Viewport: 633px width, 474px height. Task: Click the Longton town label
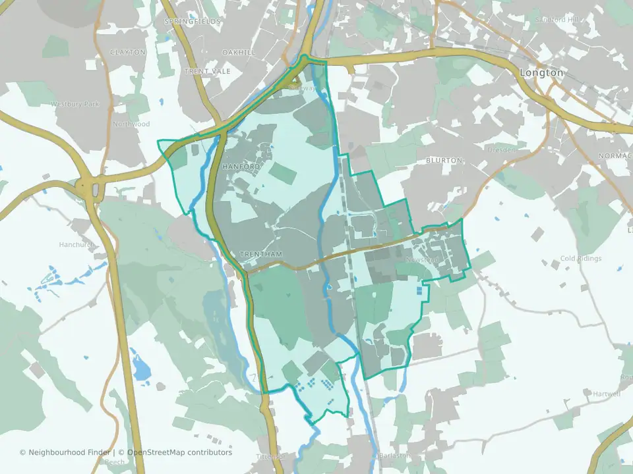[541, 73]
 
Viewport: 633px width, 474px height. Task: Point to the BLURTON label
[444, 161]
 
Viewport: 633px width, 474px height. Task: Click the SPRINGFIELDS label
[193, 22]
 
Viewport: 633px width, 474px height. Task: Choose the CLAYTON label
[127, 52]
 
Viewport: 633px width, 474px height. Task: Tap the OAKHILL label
[238, 52]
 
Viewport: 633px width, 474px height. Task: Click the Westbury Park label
[75, 104]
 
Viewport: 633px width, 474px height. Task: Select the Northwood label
[131, 124]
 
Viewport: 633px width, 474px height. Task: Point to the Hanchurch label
[77, 244]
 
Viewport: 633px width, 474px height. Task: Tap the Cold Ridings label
[580, 259]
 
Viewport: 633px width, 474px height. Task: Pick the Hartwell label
[606, 394]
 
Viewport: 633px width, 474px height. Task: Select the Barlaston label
[395, 456]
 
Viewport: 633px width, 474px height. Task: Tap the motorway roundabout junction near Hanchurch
[91, 190]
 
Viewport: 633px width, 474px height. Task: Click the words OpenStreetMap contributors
[179, 452]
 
